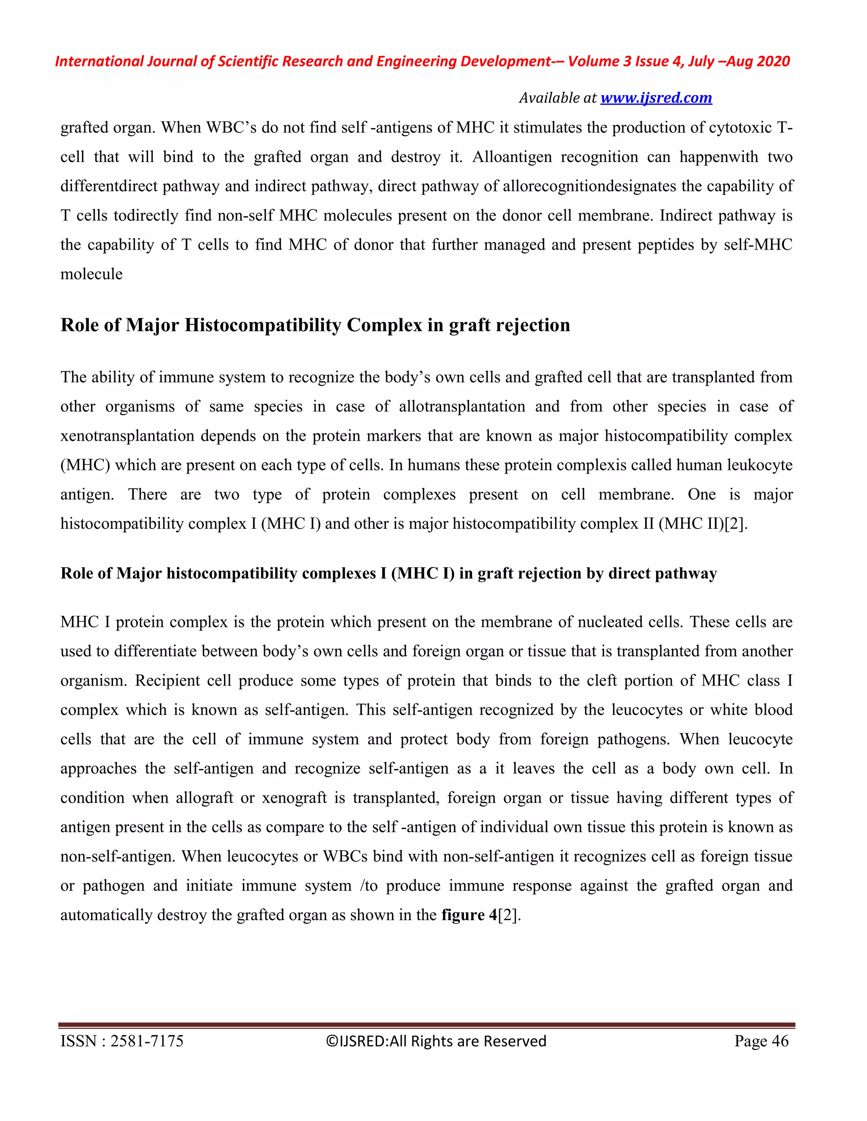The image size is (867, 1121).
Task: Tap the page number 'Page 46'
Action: [761, 1041]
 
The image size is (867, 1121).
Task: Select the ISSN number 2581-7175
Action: [147, 1041]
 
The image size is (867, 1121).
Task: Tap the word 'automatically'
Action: [106, 915]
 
